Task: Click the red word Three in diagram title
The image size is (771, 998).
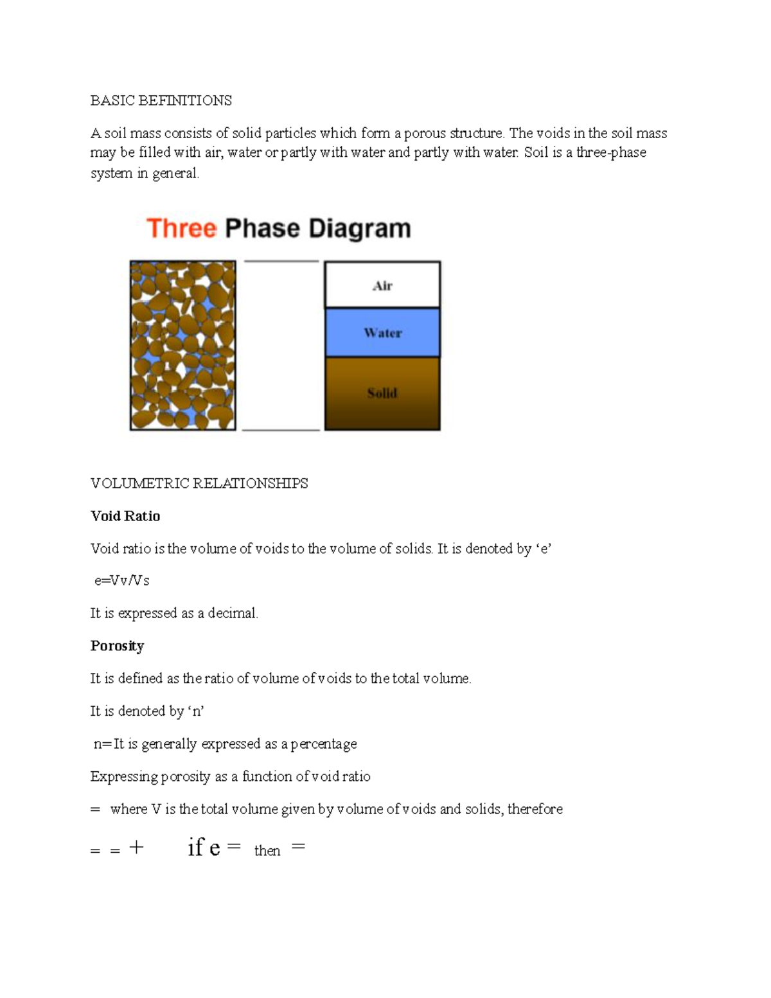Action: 181,229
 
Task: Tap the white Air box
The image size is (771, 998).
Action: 382,285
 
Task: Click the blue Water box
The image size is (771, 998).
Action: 382,332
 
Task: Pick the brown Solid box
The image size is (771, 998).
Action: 382,393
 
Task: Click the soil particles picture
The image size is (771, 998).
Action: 183,345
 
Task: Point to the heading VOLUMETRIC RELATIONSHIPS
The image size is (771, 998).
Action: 199,483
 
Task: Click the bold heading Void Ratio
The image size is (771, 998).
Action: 125,516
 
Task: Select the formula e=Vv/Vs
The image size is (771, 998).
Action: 121,580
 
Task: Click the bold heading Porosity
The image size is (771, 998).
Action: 117,646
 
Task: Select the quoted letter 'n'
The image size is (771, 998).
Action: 196,711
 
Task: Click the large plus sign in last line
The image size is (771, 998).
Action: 136,848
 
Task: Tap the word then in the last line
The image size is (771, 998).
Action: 267,851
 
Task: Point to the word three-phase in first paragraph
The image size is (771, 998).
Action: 611,153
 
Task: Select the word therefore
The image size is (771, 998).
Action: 535,809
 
